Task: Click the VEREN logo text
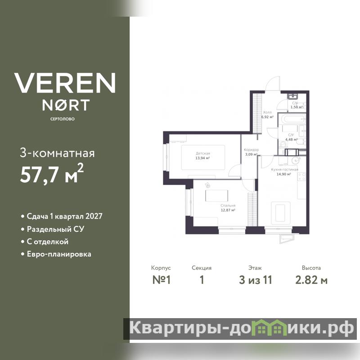tap(65, 83)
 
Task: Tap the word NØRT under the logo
tap(66, 105)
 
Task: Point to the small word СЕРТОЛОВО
tap(63, 119)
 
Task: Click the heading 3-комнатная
tap(57, 153)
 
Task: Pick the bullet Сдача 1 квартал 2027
tap(62, 216)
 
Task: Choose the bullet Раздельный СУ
tap(53, 229)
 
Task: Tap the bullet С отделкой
tap(45, 242)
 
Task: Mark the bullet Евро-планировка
tap(56, 254)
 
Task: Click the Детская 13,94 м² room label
tap(203, 156)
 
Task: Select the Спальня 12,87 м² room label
tap(228, 208)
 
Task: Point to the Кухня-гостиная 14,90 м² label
tap(284, 172)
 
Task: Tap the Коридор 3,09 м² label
tap(251, 152)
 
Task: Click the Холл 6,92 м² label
tap(267, 115)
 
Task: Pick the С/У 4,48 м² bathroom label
tap(291, 137)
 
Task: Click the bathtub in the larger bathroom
tap(294, 119)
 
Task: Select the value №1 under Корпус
tap(162, 280)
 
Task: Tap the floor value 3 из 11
tap(255, 280)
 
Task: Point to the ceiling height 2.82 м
tap(311, 280)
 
